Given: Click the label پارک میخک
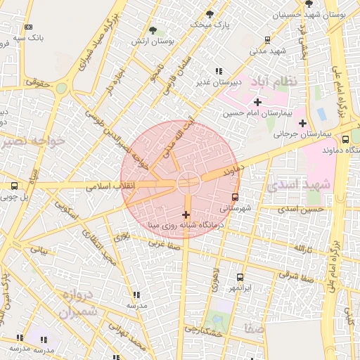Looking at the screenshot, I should click(x=212, y=25).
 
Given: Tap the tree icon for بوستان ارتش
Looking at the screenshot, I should click(x=153, y=30).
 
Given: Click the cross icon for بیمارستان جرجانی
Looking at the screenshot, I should click(x=302, y=124).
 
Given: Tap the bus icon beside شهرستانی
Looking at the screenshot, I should click(x=235, y=197).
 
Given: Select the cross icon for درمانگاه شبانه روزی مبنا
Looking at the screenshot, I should click(x=186, y=214).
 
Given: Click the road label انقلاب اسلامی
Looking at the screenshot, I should click(x=105, y=188).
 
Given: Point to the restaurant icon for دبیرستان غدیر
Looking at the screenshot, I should click(x=218, y=71).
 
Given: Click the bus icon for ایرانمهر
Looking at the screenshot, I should click(x=240, y=277).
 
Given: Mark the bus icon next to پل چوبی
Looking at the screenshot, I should click(x=14, y=186).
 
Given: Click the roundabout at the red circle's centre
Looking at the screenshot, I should click(x=188, y=181).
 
